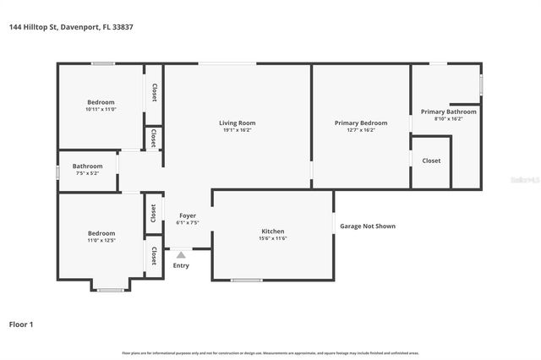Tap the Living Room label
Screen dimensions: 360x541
[x=237, y=123]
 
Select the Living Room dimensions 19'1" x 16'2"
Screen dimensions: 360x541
[x=237, y=130]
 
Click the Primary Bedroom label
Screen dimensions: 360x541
[x=361, y=123]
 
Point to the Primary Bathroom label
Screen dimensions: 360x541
[x=448, y=112]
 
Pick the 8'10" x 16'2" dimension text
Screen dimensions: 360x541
[x=448, y=118]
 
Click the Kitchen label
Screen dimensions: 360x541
[x=272, y=232]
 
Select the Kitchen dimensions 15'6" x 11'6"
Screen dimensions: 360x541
[x=272, y=238]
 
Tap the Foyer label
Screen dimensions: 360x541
[x=187, y=215]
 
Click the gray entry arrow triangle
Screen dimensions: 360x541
[x=180, y=254]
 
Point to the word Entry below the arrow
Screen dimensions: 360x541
[x=181, y=265]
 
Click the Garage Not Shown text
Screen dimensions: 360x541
[x=368, y=226]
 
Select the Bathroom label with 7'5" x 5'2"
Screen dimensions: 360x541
[x=87, y=166]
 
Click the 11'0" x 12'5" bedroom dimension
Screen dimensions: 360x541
[x=101, y=241]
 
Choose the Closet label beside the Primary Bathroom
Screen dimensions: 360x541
[x=431, y=161]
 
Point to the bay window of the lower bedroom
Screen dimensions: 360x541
[x=110, y=290]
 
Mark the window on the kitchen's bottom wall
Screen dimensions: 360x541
[x=247, y=280]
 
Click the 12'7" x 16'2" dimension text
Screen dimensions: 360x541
[x=361, y=130]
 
